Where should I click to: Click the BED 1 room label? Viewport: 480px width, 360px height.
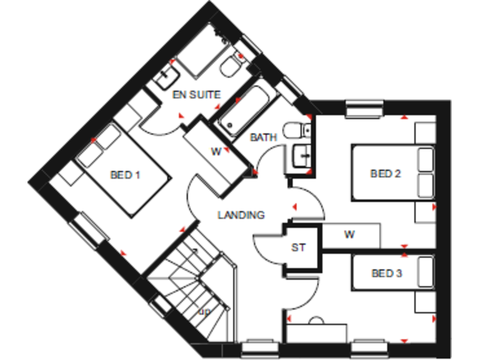pos(124,175)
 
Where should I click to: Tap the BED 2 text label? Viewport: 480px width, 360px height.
pos(386,174)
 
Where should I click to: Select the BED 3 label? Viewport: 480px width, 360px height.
pos(386,273)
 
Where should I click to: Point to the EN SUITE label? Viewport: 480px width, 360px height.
pos(197,95)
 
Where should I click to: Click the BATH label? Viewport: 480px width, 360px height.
pos(263,137)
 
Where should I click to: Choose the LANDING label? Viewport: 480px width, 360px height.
pos(241,215)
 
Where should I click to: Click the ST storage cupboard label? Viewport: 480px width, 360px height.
pos(298,248)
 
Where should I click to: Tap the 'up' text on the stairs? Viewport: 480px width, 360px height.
pos(204,311)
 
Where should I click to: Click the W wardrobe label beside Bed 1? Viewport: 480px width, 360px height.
pos(216,151)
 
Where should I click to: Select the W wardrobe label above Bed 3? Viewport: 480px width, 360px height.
pos(349,235)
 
